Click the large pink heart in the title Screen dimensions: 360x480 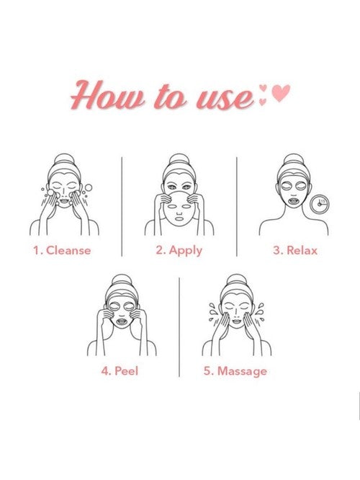[281, 93]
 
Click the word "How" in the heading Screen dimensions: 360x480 [107, 95]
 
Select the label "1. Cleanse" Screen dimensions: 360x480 [62, 250]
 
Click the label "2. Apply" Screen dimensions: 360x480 [179, 251]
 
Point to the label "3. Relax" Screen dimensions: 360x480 [295, 250]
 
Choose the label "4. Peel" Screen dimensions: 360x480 [120, 371]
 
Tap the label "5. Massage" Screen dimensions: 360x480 [235, 372]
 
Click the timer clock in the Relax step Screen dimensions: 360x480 [320, 204]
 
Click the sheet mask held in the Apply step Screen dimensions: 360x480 [179, 209]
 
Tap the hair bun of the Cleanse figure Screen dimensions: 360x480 [64, 159]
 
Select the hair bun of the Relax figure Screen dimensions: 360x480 [293, 159]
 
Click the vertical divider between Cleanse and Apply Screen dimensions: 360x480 [122, 207]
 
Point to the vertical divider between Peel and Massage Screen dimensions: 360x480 [179, 327]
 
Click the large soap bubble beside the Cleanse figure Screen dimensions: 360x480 [89, 187]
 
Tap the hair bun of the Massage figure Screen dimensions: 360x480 [236, 280]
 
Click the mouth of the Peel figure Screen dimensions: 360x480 [122, 321]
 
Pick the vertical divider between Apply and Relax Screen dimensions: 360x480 [237, 207]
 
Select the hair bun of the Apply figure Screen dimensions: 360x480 [179, 159]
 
